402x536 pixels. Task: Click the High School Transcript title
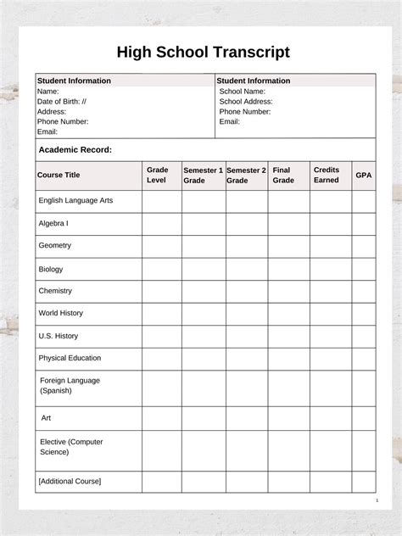[x=203, y=53]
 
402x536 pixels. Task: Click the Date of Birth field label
[x=62, y=101]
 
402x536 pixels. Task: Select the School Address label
[x=246, y=101]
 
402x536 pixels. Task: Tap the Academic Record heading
[x=75, y=150]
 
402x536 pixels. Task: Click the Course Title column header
[x=59, y=175]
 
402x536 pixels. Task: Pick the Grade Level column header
[x=157, y=175]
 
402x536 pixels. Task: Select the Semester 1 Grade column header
[x=204, y=175]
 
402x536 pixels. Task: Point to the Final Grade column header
[x=283, y=175]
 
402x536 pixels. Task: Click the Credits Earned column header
[x=327, y=175]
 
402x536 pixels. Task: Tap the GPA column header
[x=364, y=175]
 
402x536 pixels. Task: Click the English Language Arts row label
[x=75, y=201]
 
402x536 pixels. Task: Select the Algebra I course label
[x=53, y=223]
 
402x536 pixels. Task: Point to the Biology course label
[x=51, y=269]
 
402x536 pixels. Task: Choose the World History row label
[x=60, y=313]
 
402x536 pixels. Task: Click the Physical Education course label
[x=70, y=358]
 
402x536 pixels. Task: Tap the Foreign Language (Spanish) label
[x=69, y=386]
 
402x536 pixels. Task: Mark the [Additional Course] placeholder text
[x=69, y=481]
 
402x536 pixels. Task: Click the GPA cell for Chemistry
[x=364, y=291]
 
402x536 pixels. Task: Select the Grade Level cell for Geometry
[x=161, y=246]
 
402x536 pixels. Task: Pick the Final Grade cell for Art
[x=289, y=418]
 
